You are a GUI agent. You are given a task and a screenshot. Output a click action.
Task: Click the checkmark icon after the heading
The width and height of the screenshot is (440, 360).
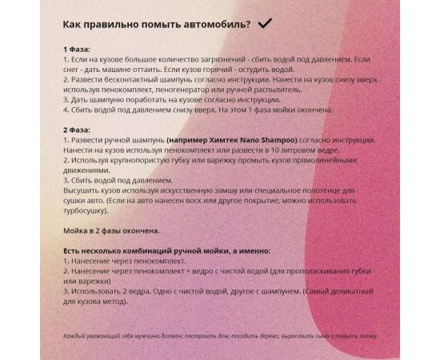265,24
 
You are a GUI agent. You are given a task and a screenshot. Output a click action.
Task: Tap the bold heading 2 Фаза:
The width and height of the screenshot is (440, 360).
77,128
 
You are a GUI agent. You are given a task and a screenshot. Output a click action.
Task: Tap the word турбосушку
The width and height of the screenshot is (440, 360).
88,211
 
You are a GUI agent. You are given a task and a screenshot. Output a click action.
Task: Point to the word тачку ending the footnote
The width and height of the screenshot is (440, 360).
367,336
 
